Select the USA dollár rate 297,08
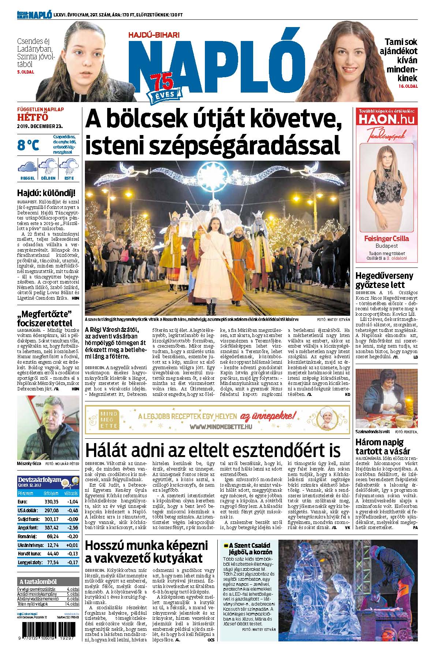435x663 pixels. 52,510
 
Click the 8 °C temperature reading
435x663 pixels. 28,145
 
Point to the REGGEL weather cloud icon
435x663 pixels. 27,167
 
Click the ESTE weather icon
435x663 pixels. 69,167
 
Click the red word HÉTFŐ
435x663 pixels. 32,117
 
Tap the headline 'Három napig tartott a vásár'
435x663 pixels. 383,446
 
